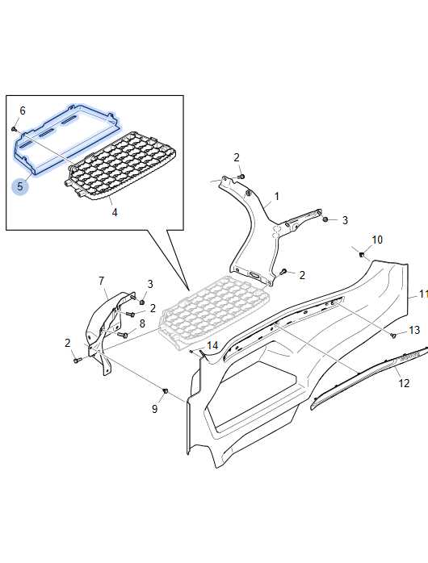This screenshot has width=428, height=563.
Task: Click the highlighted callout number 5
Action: point(19,186)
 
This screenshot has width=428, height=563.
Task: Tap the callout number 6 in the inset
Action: point(23,111)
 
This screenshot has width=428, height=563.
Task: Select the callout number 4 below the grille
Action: point(115,213)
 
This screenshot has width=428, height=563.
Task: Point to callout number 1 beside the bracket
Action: point(277,196)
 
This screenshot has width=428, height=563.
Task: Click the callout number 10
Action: point(377,240)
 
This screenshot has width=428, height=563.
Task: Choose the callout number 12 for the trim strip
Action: point(404,383)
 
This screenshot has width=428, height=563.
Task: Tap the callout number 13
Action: point(414,330)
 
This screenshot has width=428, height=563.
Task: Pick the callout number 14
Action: point(212,346)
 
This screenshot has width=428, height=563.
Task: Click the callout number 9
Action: point(154,409)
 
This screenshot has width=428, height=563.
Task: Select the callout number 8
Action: point(142,323)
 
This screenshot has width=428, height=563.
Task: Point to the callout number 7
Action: point(101,281)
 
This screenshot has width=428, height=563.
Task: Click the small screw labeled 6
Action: point(15,128)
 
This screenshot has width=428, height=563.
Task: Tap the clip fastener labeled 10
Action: point(362,255)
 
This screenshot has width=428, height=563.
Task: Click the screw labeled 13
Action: point(394,336)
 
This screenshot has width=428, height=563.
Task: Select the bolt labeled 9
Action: point(166,390)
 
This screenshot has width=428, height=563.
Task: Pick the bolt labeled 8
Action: point(123,336)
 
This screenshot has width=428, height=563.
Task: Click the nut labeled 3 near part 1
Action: point(325,219)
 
